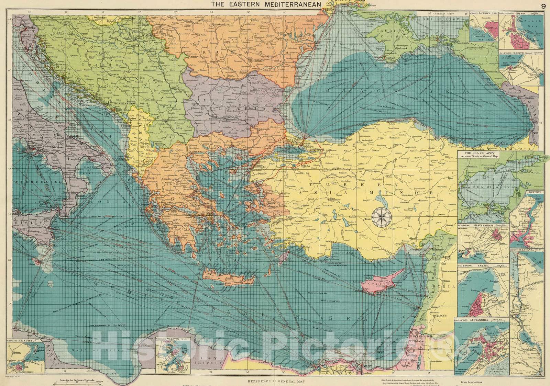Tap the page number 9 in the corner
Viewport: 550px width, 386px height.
(x=543, y=6)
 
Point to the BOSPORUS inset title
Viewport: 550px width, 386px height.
(x=533, y=192)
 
